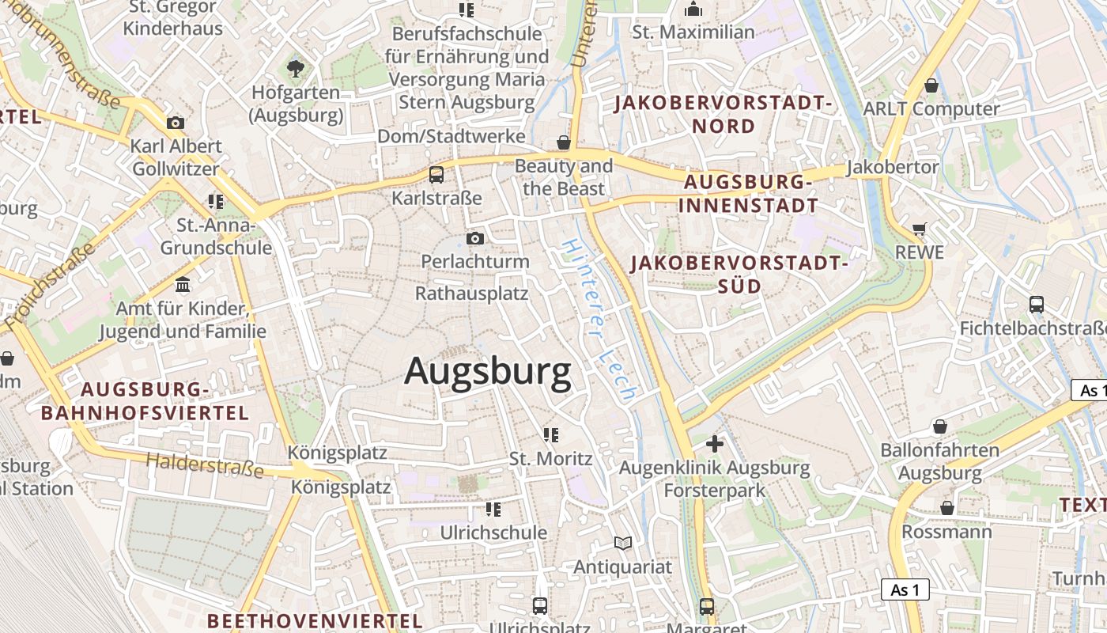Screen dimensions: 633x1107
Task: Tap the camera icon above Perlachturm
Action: (x=474, y=238)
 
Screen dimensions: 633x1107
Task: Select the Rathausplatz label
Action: (x=471, y=294)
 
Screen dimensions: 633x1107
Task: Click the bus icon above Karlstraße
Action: (x=436, y=175)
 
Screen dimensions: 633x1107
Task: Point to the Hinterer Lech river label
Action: (x=599, y=320)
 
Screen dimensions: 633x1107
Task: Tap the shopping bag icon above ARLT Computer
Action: (x=931, y=85)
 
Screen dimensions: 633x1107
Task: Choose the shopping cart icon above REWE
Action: (x=919, y=229)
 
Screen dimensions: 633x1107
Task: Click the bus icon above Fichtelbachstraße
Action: (x=1036, y=305)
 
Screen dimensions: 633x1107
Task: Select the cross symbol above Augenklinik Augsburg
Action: (x=715, y=444)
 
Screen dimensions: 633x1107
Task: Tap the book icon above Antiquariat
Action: (x=623, y=543)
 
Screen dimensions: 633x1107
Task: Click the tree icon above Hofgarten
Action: (x=296, y=69)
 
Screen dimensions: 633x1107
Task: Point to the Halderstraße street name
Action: (x=205, y=464)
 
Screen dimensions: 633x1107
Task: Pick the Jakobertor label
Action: (x=893, y=168)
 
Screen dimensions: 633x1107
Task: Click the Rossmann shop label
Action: (x=946, y=531)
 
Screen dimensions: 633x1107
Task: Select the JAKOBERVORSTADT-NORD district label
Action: (x=724, y=114)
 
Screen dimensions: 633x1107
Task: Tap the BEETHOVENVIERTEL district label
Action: (x=315, y=620)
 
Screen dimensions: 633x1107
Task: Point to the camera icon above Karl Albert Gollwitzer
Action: (x=176, y=123)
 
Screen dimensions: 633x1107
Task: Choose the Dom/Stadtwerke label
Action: (x=451, y=136)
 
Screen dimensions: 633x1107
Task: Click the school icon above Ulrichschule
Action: (x=493, y=509)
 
